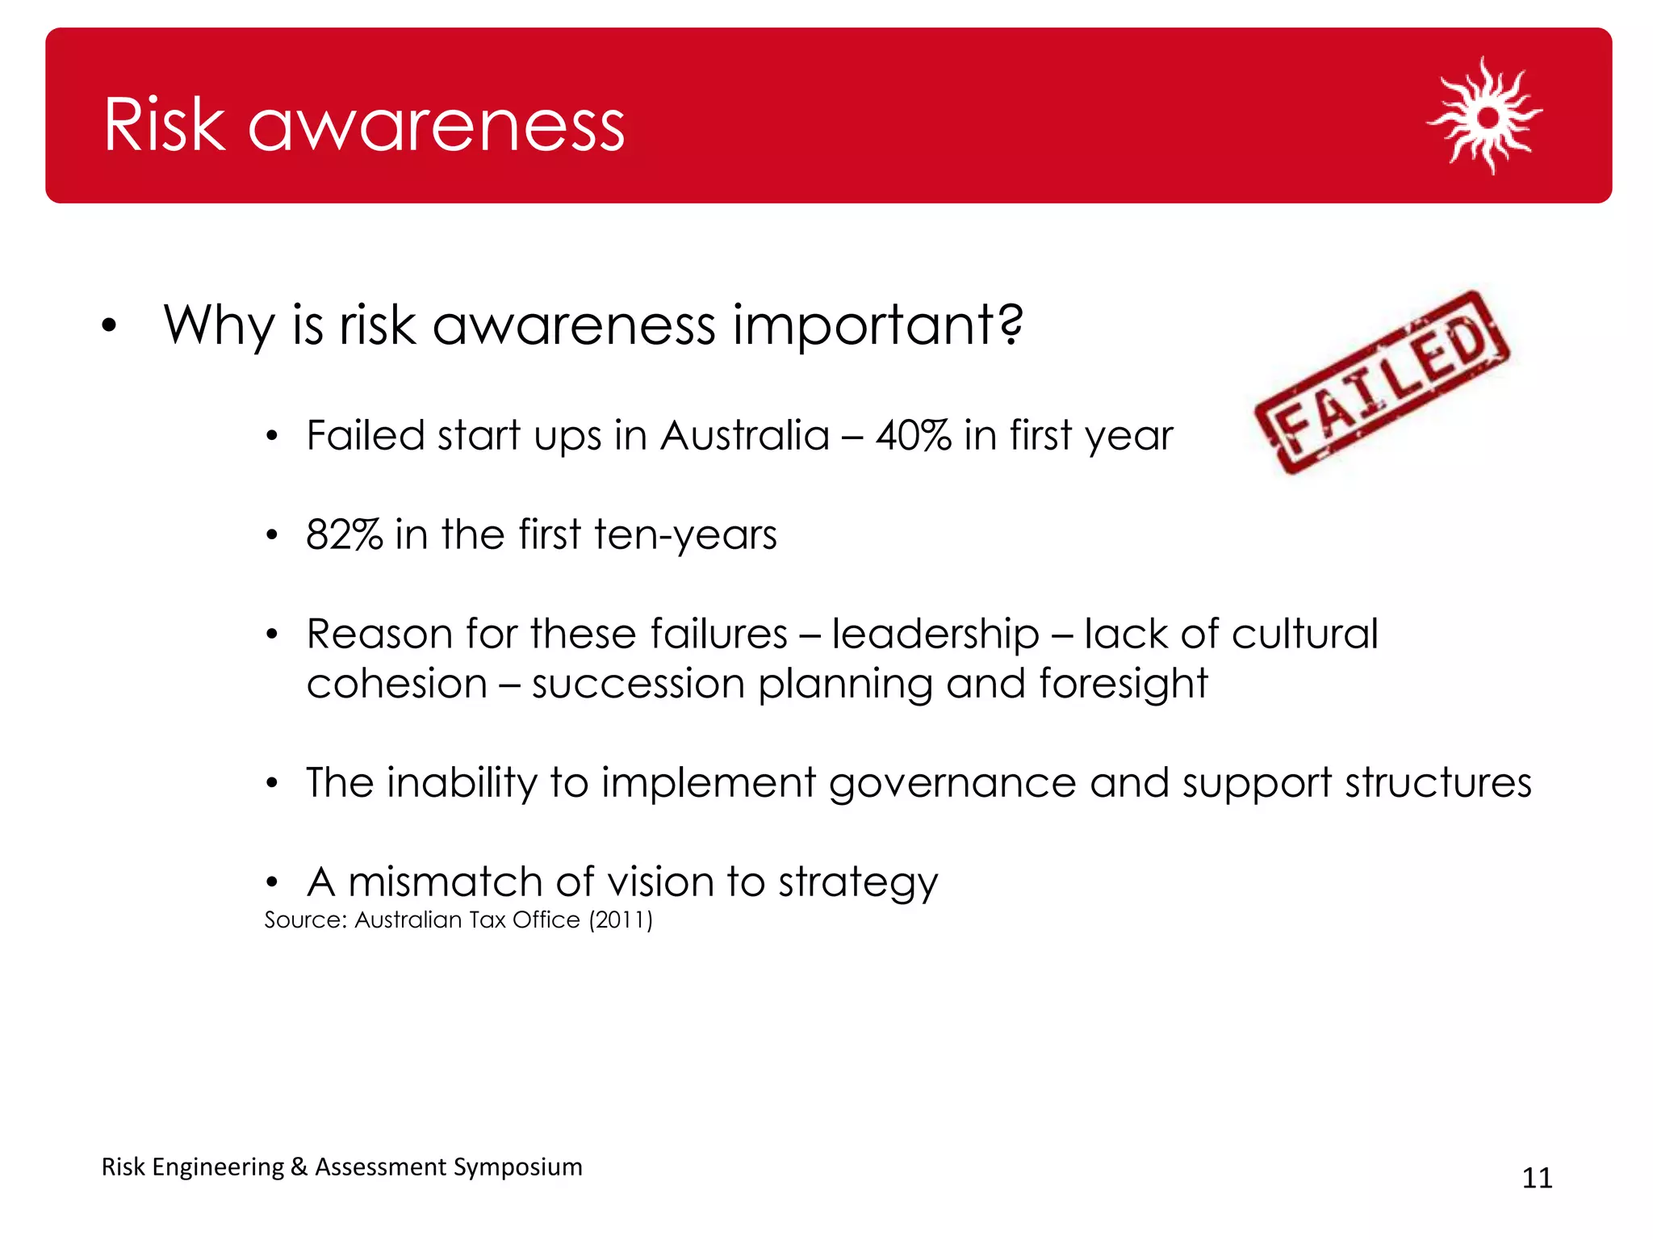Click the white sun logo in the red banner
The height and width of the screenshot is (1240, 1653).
point(1484,116)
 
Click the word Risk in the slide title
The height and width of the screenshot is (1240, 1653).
point(164,125)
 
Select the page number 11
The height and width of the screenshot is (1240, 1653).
point(1537,1178)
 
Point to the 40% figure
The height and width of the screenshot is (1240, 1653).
point(913,436)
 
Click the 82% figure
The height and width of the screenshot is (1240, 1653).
point(344,535)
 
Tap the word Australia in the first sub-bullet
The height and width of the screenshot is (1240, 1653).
point(745,436)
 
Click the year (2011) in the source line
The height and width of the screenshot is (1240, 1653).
point(621,920)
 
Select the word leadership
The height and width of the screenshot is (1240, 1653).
point(935,635)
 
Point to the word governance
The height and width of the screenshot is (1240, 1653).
point(952,784)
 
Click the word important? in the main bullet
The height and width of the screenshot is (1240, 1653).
point(878,325)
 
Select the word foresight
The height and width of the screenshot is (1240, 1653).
point(1123,685)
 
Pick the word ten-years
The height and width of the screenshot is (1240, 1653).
point(685,535)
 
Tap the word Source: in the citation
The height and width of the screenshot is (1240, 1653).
point(305,920)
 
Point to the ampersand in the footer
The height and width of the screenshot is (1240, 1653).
point(299,1167)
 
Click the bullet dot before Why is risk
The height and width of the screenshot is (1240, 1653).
point(110,326)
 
